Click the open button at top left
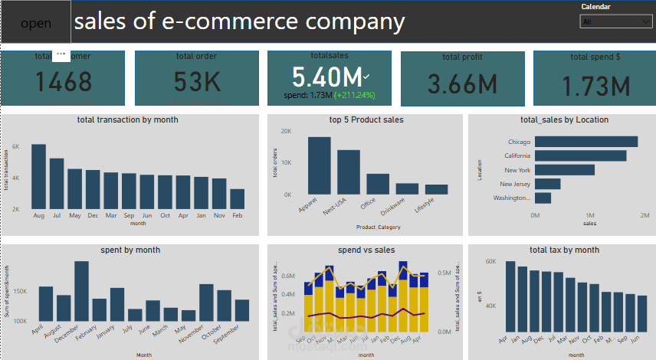click(x=36, y=23)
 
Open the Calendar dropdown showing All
click(x=614, y=22)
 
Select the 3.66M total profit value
click(x=462, y=84)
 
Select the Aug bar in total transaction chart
click(x=38, y=176)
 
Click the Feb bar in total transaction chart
click(x=238, y=198)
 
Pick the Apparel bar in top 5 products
click(x=319, y=165)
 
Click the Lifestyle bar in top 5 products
click(x=436, y=189)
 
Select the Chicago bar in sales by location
click(x=586, y=142)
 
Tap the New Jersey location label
click(x=515, y=184)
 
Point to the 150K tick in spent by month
click(x=21, y=292)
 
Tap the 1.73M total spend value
click(x=595, y=86)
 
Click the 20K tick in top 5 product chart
click(x=287, y=131)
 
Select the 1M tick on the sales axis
click(x=589, y=216)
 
